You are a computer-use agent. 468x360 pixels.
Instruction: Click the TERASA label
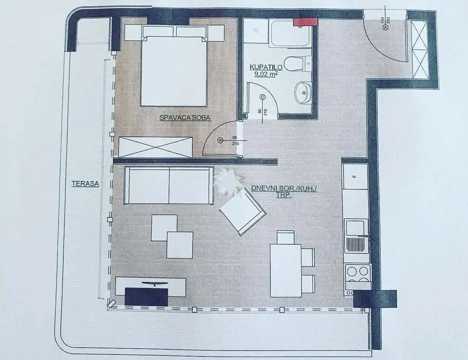(85, 183)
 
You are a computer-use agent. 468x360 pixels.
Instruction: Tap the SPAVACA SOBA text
(185, 117)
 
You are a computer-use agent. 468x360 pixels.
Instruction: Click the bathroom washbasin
(302, 93)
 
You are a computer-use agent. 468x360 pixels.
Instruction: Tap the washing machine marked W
(256, 30)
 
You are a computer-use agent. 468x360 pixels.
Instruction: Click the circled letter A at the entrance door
(385, 27)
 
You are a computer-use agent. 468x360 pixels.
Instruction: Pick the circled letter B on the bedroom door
(220, 140)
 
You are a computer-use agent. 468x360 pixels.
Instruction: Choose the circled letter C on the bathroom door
(263, 97)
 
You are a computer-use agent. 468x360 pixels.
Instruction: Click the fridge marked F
(355, 176)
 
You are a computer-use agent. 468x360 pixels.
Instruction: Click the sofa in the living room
(169, 185)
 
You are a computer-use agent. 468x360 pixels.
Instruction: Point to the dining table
(286, 270)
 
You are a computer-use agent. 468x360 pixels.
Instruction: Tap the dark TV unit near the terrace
(146, 296)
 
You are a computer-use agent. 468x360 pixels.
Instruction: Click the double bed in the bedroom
(174, 66)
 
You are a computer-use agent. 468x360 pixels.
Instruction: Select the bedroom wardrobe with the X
(155, 147)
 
